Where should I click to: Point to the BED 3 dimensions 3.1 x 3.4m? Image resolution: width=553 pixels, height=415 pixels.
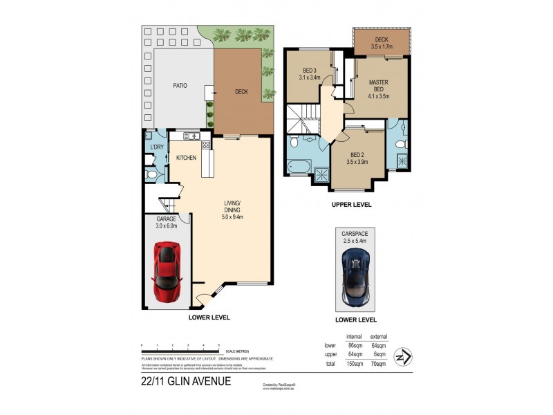310,77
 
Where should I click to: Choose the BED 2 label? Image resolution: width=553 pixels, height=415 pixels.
357,154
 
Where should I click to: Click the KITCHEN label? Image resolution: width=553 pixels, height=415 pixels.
186,158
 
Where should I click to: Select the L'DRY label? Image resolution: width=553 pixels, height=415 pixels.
156,147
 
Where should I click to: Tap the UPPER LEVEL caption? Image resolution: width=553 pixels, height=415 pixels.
352,205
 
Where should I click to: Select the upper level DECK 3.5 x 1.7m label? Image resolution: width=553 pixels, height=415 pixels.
381,43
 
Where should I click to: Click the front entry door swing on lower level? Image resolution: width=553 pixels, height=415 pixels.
205,298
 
